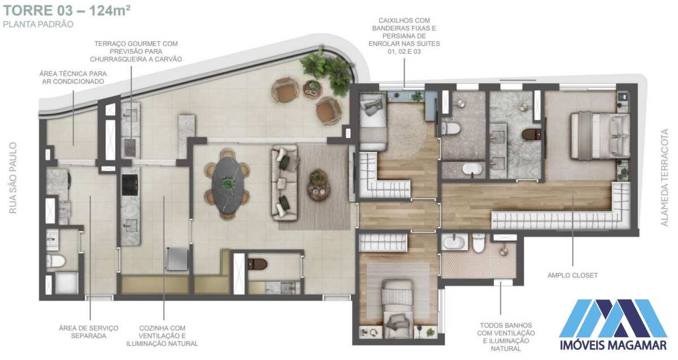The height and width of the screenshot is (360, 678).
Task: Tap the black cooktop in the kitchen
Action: pos(130,185)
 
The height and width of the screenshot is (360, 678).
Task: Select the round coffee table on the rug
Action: pos(319,184)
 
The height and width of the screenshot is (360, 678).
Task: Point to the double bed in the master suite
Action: pos(600,136)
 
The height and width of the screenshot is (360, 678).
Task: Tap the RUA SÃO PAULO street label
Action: pos(13,177)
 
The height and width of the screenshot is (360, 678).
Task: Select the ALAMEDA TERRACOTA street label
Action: pos(664,177)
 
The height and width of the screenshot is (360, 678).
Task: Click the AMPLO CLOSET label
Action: pos(572,275)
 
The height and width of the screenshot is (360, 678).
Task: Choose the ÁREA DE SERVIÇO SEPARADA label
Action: pos(88,332)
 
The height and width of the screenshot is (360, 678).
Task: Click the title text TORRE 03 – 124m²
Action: pos(67,11)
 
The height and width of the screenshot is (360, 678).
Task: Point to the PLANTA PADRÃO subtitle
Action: pos(38,24)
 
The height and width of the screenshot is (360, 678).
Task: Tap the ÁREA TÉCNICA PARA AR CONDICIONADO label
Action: pos(73,77)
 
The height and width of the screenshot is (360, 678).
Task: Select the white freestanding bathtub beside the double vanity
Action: pos(472,169)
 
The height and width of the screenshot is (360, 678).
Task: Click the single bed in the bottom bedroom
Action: pos(397,309)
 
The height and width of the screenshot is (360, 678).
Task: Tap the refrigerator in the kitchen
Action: pos(177,259)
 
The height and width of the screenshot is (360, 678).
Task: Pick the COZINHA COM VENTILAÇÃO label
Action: pos(162,332)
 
